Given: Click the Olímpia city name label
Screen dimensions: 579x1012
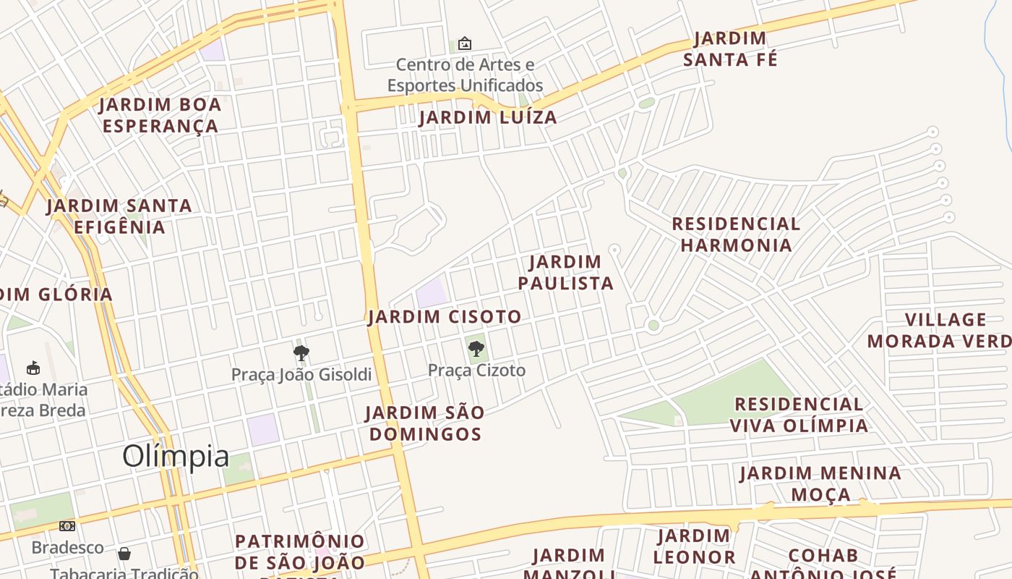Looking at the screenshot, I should [x=176, y=456].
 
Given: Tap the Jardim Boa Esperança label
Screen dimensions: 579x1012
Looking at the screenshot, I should [x=160, y=115].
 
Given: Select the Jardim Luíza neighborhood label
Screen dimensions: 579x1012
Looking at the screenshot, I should [x=488, y=117].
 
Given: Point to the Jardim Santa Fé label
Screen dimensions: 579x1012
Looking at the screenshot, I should [x=730, y=49].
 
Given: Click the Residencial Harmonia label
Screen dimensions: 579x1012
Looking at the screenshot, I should [x=736, y=234].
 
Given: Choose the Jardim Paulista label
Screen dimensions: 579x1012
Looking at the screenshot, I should [x=566, y=272].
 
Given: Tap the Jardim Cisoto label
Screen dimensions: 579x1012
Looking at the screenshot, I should [x=445, y=316].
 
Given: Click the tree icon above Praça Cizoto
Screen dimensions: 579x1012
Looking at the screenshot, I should [x=476, y=350].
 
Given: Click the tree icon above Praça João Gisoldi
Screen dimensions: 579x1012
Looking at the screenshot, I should [x=301, y=353].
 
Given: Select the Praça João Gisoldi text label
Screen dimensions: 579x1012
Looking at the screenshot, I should [x=301, y=374].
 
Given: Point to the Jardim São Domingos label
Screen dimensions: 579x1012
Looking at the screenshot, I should [x=424, y=423].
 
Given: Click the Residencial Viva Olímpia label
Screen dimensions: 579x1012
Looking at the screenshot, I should [x=799, y=415].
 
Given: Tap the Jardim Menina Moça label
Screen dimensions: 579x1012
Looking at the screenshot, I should [x=820, y=483].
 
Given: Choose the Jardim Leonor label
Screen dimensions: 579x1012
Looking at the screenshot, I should [x=694, y=546].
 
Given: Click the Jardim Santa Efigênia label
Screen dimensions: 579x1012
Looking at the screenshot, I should [x=119, y=216].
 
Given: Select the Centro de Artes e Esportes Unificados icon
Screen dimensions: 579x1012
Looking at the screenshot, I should [x=465, y=44].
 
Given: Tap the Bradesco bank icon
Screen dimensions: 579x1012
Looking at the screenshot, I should [x=67, y=526].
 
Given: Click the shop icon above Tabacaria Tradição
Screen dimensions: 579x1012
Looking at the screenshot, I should [x=124, y=554].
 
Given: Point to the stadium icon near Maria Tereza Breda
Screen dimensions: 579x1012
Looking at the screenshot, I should [x=33, y=368].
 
